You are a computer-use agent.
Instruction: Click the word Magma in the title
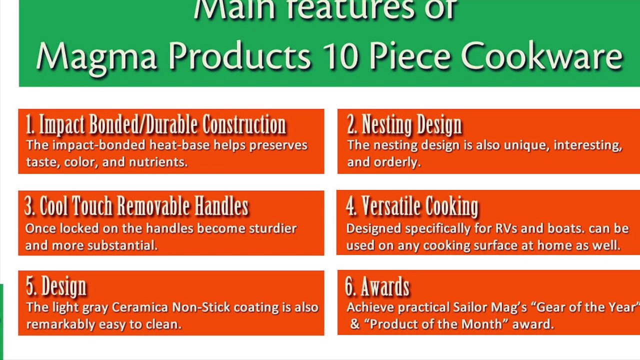pos(96,57)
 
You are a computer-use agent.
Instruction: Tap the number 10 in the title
pos(340,55)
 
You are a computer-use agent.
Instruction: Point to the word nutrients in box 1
pos(158,162)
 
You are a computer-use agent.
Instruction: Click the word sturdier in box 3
pos(273,228)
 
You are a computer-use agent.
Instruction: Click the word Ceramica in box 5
pos(139,307)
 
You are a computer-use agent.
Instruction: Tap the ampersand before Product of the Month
pos(354,324)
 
